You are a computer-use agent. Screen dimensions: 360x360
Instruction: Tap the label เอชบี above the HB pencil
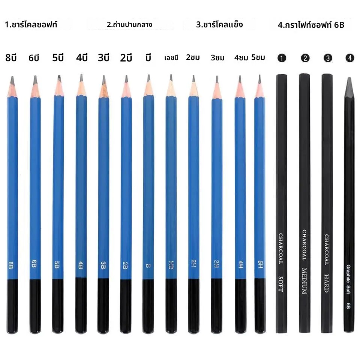coord(171,58)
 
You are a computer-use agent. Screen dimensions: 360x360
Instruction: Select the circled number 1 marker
coord(282,58)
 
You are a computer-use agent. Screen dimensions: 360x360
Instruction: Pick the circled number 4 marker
coord(350,58)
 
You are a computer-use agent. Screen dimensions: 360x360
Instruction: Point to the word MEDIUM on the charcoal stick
coord(304,281)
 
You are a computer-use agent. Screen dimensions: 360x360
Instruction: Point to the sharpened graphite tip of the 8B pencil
coord(12,80)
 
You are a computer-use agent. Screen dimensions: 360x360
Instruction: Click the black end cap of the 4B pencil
coord(81,305)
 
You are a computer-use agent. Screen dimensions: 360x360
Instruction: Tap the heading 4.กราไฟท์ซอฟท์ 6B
coord(311,25)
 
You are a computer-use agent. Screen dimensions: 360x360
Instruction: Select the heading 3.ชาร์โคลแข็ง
coord(219,25)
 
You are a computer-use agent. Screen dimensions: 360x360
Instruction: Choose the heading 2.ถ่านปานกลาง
coord(129,25)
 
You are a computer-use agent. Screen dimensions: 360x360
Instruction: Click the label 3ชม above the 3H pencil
coord(217,58)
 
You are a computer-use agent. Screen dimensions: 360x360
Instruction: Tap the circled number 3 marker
coord(328,58)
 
